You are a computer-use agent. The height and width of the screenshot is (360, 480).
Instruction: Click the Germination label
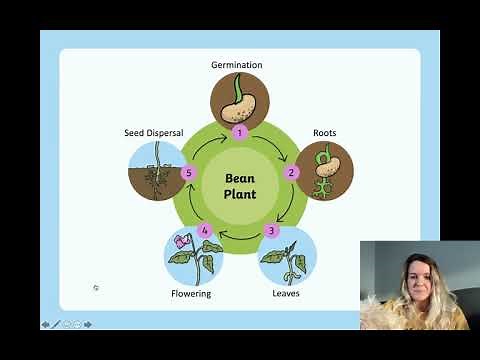237,65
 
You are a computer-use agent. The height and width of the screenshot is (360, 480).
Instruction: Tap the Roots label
324,133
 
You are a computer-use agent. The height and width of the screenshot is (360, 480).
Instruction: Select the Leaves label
286,294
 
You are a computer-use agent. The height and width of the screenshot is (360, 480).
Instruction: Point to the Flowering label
190,294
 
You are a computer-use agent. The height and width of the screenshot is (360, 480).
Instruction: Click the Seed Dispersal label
153,132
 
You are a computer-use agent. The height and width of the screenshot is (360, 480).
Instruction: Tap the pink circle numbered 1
239,131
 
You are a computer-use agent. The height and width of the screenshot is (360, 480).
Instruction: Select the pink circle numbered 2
292,172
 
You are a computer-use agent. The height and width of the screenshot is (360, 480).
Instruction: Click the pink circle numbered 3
272,231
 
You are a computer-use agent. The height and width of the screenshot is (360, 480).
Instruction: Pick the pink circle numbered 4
205,231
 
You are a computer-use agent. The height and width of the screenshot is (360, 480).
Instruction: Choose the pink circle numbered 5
187,172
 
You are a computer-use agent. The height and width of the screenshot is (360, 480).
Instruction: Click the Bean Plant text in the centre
240,186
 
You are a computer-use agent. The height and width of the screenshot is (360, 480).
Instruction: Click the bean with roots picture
325,170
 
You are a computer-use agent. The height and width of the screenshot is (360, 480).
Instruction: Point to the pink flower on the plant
182,241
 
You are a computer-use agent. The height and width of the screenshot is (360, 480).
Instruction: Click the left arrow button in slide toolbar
45,324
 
